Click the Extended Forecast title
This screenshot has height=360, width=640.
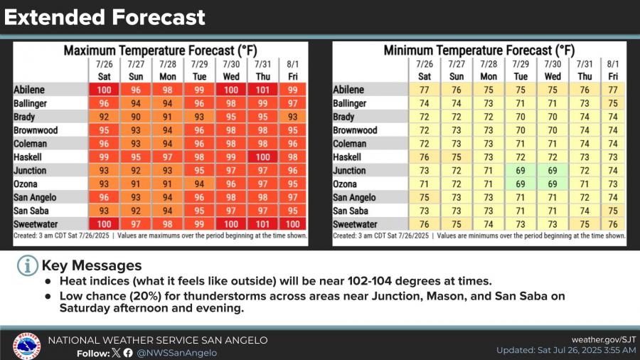(105, 17)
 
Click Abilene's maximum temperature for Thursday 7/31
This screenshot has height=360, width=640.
(262, 90)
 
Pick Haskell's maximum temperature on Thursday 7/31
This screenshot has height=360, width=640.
(262, 157)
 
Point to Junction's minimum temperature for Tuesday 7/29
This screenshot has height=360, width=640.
(521, 171)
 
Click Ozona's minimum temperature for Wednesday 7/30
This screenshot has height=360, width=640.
(553, 184)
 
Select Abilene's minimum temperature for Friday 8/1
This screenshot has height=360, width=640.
(613, 90)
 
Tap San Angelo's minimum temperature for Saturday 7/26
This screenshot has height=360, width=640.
(425, 198)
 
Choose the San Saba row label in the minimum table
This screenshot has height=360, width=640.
(351, 211)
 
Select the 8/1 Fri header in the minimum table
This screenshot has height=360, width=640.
(613, 70)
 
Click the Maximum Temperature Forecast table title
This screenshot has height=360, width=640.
(159, 51)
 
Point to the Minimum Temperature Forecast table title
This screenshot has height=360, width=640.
(479, 51)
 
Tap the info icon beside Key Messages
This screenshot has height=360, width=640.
(27, 266)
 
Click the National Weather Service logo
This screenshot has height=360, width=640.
(26, 346)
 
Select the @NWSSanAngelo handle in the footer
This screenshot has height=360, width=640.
(177, 353)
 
